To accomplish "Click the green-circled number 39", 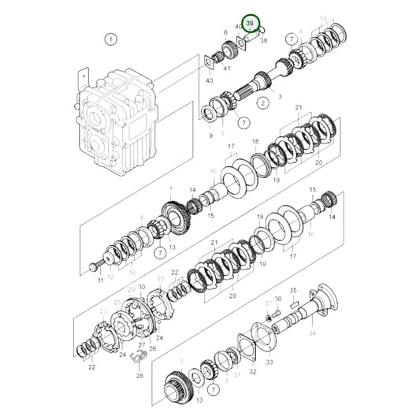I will coord(251,25).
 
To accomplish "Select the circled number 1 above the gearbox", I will coord(111,39).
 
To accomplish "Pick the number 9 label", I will coord(210,136).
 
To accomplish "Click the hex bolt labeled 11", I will coord(96,265).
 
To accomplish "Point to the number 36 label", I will coord(277,299).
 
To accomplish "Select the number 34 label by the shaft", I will coord(312,333).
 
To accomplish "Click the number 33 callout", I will coord(269,362).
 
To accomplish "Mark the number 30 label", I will coord(142,288).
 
